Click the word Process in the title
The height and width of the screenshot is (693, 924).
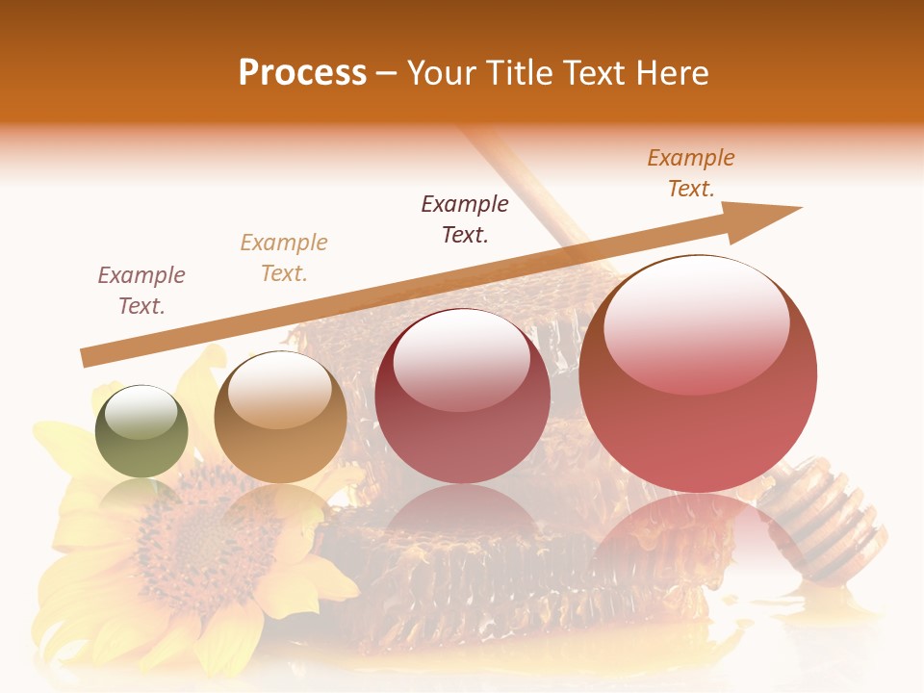coord(302,73)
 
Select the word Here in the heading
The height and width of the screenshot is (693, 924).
coord(672,73)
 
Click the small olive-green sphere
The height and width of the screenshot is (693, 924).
coord(141,431)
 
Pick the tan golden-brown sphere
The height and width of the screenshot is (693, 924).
coord(280,417)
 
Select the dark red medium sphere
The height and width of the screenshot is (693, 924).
coord(462,396)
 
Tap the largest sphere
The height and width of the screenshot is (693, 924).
coord(698,373)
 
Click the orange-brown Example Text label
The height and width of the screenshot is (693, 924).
coord(691,173)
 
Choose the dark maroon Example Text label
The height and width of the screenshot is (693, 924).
coord(465,218)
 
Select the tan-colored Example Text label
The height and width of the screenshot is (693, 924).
coord(284,257)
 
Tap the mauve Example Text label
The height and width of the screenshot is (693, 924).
coord(141,290)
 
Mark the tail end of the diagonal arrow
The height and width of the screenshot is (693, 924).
coord(87,357)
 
